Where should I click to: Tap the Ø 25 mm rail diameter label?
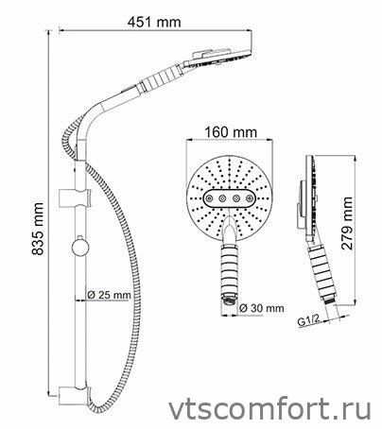[x=109, y=296]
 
